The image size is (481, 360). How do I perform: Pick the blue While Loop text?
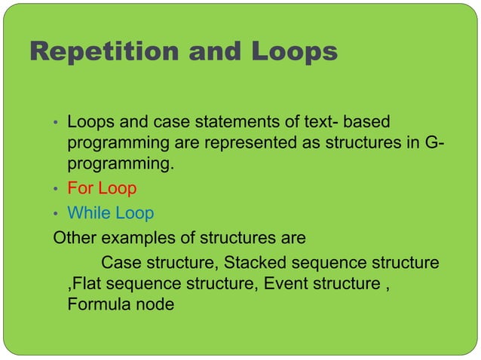[111, 214]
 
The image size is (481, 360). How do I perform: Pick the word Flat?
[80, 285]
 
